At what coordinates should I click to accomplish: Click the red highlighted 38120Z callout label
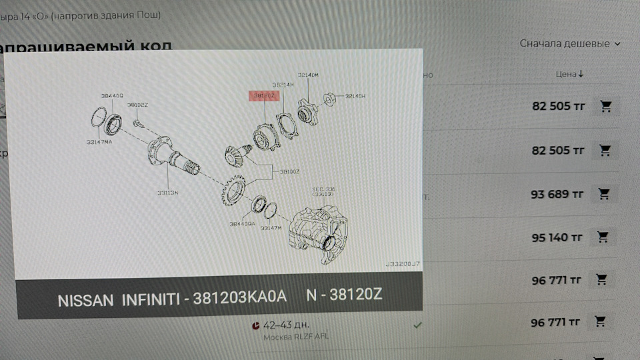(264, 96)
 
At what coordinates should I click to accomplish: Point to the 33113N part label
(167, 193)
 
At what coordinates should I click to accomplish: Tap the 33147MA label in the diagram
(99, 141)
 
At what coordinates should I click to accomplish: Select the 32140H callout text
(355, 97)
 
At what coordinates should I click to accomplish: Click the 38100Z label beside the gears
(289, 171)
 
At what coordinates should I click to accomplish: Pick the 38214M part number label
(283, 85)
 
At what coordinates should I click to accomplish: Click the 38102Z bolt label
(137, 105)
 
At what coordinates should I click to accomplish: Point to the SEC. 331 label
(324, 189)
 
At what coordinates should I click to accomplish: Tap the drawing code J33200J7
(402, 264)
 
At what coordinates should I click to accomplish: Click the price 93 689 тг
(557, 194)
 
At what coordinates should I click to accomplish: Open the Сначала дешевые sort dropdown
(569, 43)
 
